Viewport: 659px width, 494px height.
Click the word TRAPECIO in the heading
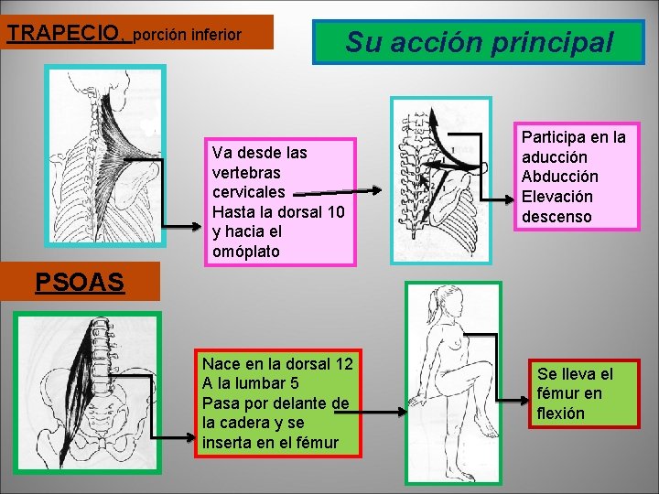point(65,34)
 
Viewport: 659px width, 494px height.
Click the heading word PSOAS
point(79,282)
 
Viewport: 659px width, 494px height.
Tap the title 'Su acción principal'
point(479,42)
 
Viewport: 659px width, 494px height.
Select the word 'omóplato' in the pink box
point(244,251)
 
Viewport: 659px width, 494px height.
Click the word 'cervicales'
point(248,192)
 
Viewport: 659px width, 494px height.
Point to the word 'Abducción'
point(559,177)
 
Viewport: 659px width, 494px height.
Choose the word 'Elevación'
point(556,197)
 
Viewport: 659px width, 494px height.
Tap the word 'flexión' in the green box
point(561,413)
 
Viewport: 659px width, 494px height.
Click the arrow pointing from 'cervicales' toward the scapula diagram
point(339,192)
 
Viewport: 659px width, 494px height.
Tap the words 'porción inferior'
point(188,36)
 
